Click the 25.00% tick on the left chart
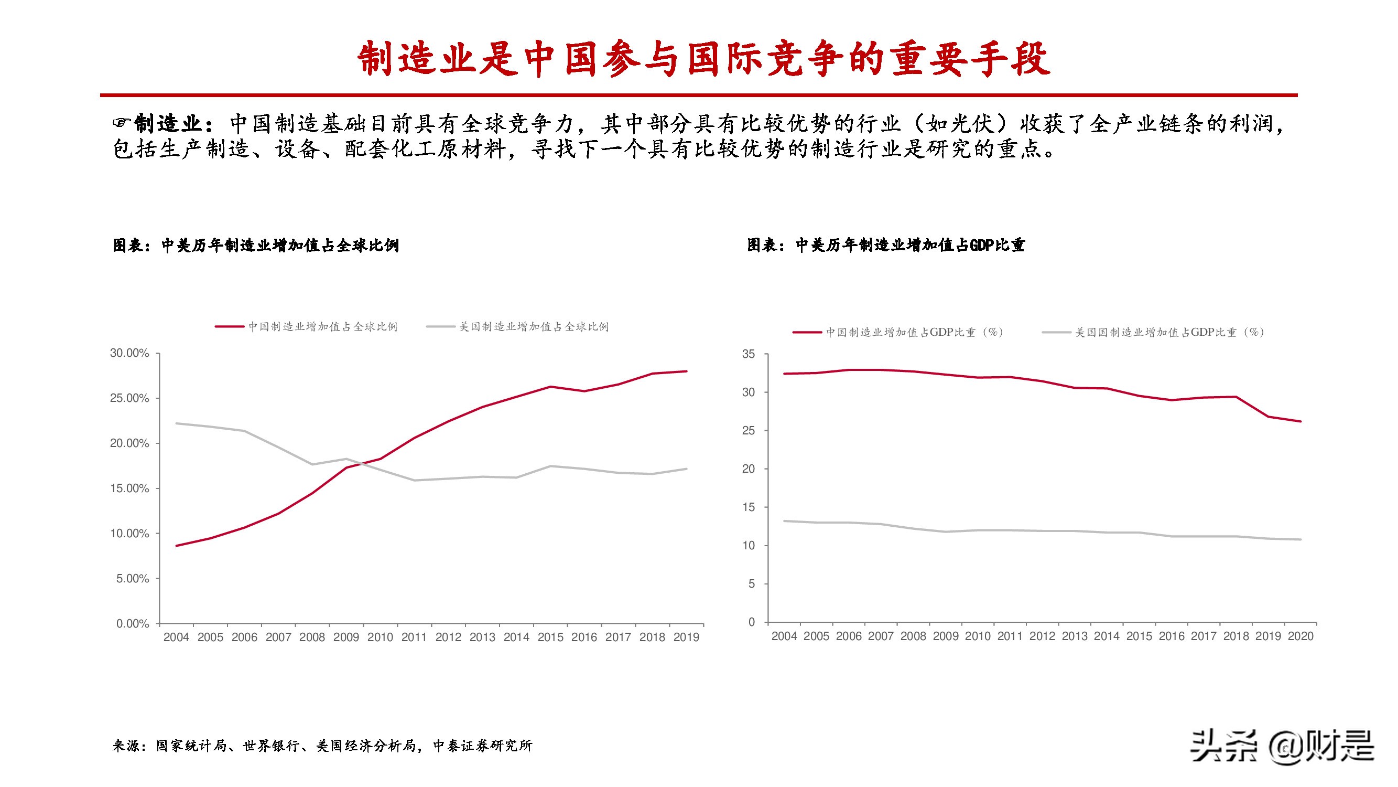click(x=129, y=398)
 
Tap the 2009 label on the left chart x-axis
click(x=346, y=637)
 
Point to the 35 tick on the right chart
click(x=749, y=354)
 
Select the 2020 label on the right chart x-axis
click(x=1301, y=636)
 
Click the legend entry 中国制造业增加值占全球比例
click(x=322, y=326)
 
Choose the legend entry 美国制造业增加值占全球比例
click(x=534, y=326)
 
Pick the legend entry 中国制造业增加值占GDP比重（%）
click(x=915, y=332)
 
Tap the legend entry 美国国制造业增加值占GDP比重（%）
click(x=1169, y=332)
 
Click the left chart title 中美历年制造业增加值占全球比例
click(x=256, y=246)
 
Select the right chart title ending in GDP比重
click(x=886, y=246)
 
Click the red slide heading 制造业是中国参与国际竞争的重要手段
click(x=704, y=58)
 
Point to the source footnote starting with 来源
click(x=322, y=746)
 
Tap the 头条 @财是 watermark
click(x=1282, y=746)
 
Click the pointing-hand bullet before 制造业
click(x=122, y=123)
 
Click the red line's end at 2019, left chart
click(x=687, y=371)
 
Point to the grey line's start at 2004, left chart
click(x=176, y=423)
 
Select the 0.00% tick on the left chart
click(x=133, y=623)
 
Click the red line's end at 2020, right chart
click(x=1301, y=421)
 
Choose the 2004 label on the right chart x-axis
click(x=784, y=636)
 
